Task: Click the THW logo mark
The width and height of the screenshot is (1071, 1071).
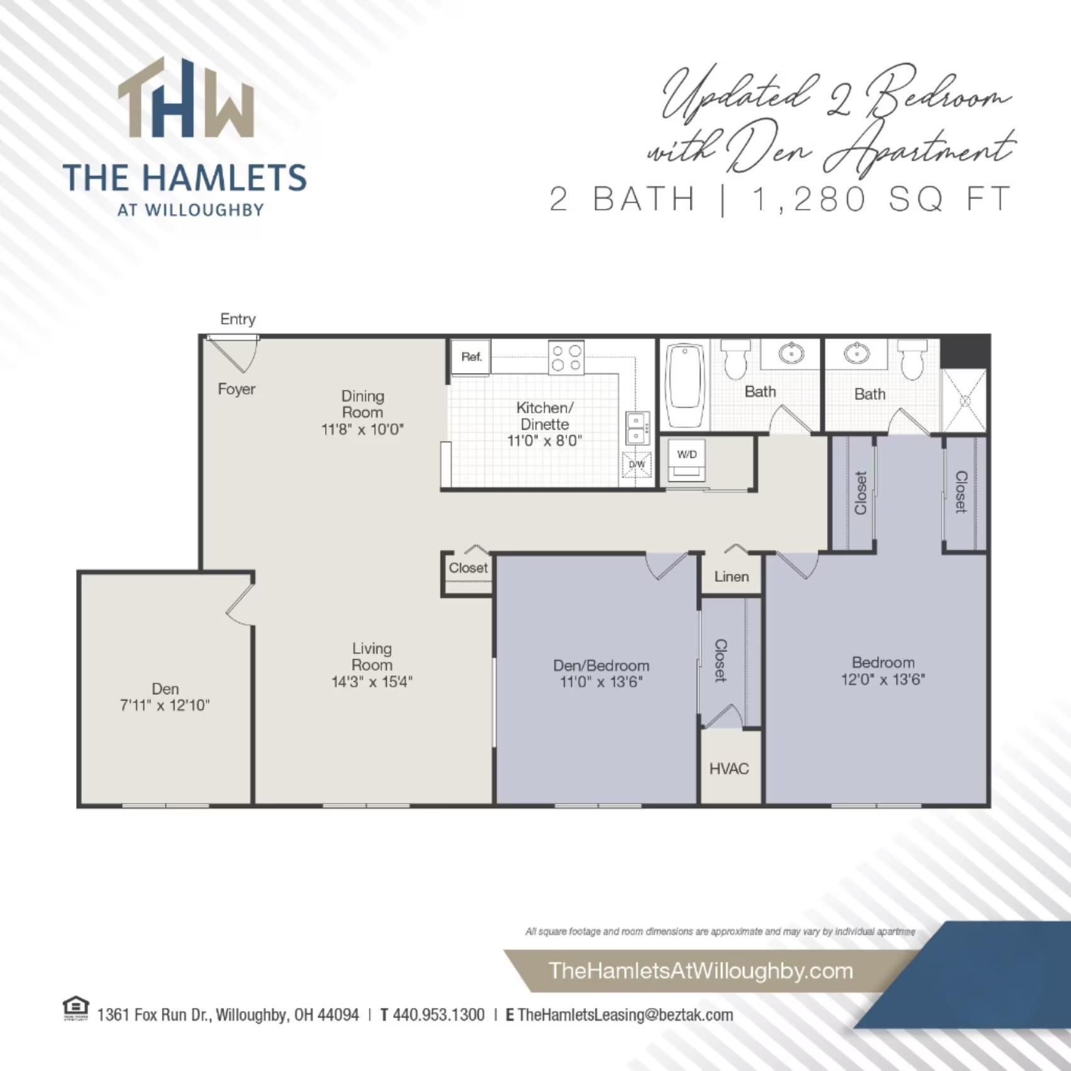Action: (186, 99)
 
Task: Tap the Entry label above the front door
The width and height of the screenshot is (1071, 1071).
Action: (238, 319)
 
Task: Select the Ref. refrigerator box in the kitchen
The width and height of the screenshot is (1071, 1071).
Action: (471, 357)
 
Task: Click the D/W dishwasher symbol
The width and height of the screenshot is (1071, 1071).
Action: (637, 465)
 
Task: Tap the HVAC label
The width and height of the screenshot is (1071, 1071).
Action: (729, 769)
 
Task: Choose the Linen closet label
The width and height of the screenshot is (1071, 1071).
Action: (731, 576)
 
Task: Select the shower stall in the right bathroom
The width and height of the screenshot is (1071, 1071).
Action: (964, 401)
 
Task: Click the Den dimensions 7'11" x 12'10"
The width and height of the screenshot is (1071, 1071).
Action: (164, 706)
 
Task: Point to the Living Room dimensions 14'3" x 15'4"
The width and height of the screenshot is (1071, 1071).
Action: (372, 682)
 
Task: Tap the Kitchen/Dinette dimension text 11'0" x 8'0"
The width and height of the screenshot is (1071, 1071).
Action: (544, 441)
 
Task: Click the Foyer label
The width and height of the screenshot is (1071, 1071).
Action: (236, 389)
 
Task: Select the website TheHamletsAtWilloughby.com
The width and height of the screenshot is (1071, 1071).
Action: (701, 970)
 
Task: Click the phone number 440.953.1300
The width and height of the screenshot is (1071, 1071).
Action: (438, 1015)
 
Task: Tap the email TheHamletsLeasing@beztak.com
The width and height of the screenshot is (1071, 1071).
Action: (625, 1015)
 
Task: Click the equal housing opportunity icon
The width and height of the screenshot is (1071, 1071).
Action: (76, 1008)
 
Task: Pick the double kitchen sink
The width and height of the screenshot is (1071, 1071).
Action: (636, 427)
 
